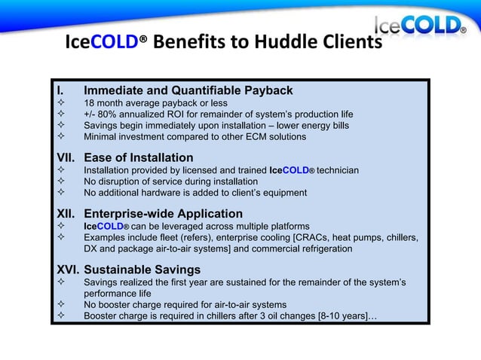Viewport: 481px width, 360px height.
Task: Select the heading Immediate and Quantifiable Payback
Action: [x=188, y=91]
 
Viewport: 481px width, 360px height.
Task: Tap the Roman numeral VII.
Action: [x=66, y=158]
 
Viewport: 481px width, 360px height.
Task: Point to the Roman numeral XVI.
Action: [x=67, y=270]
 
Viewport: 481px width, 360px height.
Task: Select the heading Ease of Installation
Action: [x=139, y=158]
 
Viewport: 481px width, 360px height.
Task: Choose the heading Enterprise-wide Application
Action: [x=163, y=214]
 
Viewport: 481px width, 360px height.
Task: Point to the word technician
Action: [x=338, y=171]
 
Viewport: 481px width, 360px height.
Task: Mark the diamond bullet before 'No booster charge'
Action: [x=60, y=304]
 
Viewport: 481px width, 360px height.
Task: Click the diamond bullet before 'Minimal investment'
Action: [x=60, y=137]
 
